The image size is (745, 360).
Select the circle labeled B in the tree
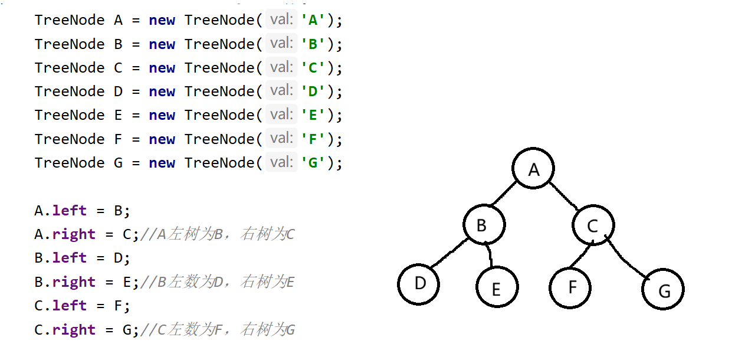point(484,225)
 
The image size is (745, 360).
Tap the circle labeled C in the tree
point(593,225)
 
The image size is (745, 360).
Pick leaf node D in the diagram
point(419,284)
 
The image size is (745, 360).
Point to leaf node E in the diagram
point(497,288)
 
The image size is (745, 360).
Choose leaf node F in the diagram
point(570,287)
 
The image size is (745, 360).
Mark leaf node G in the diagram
point(663,289)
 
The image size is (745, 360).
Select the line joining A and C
point(564,195)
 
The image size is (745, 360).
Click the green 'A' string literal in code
point(313,20)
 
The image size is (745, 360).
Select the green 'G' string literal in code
point(313,162)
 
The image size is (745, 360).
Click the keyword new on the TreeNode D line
point(162,91)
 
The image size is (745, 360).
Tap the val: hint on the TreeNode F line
point(281,139)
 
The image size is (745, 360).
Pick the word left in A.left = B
point(69,211)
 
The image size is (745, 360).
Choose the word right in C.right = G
point(74,329)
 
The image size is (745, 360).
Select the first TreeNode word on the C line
point(70,68)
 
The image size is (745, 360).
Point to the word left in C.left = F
point(69,306)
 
